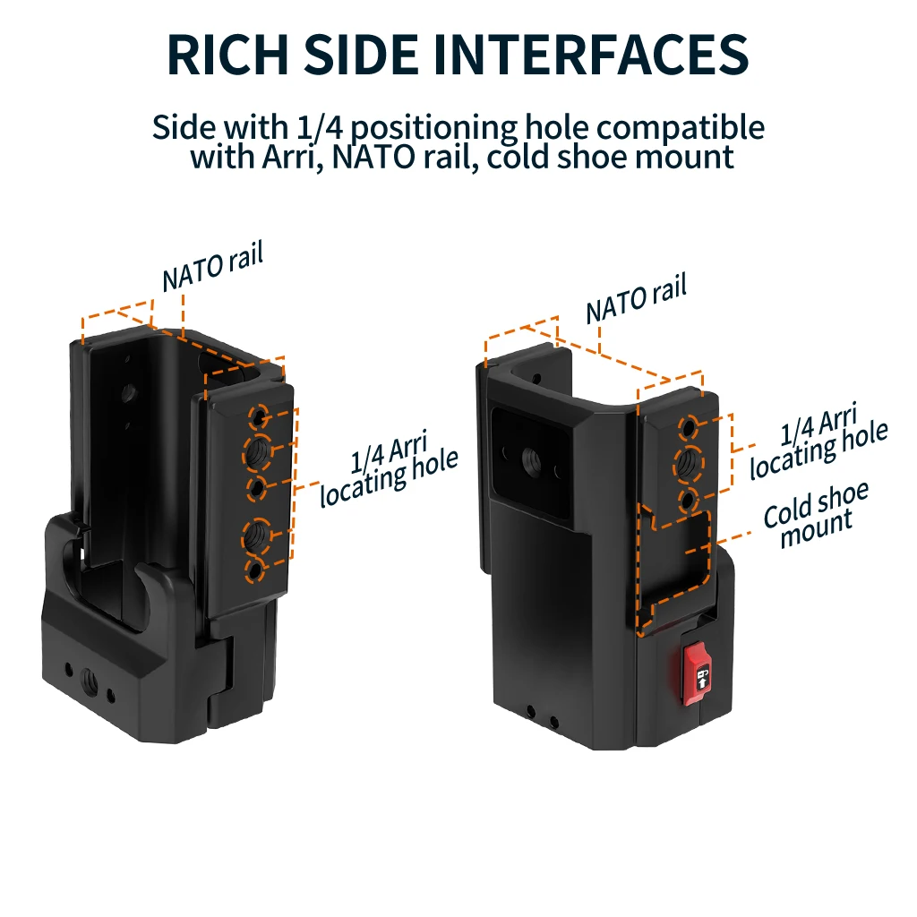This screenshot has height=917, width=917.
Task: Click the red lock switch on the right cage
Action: [697, 673]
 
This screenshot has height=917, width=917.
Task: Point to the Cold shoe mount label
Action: [817, 515]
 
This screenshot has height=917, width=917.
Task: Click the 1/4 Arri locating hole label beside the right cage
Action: [818, 441]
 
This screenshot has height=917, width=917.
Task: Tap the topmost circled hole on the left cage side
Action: [259, 417]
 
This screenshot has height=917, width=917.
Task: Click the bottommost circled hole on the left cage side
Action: [254, 570]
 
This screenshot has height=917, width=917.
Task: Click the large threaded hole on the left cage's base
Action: [90, 680]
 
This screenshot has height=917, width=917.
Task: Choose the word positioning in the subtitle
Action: [434, 128]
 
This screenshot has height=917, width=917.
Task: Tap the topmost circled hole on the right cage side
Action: [689, 427]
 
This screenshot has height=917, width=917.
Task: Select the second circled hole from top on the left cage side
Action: [256, 452]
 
